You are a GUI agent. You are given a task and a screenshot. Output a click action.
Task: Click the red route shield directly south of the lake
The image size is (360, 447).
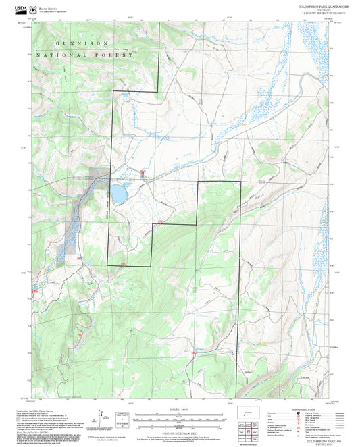click(x=123, y=263)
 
